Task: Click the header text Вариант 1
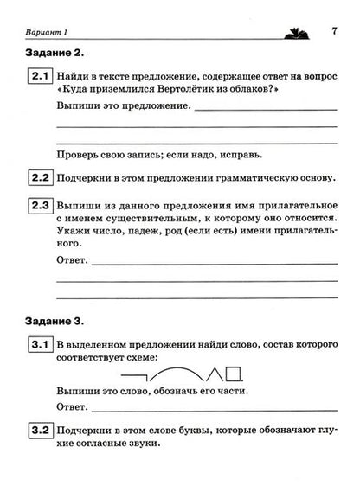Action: tap(40, 34)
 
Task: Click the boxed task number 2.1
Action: tap(38, 77)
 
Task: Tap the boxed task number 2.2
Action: tap(38, 178)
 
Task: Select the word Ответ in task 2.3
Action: tap(72, 259)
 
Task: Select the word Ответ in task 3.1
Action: tap(72, 406)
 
